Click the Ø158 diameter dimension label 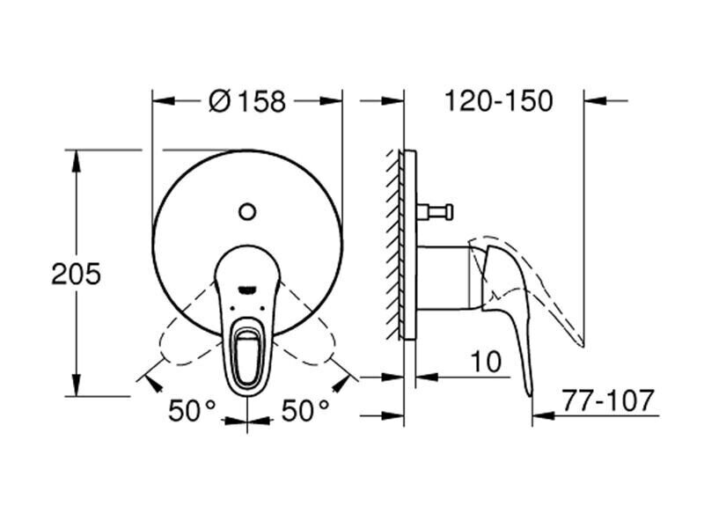pyautogui.click(x=247, y=101)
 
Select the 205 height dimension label pyautogui.click(x=76, y=274)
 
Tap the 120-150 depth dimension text pyautogui.click(x=498, y=101)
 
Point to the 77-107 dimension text pyautogui.click(x=622, y=401)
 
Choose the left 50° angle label pyautogui.click(x=193, y=410)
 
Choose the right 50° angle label pyautogui.click(x=304, y=410)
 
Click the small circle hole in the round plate pyautogui.click(x=247, y=211)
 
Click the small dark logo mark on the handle pyautogui.click(x=247, y=283)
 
